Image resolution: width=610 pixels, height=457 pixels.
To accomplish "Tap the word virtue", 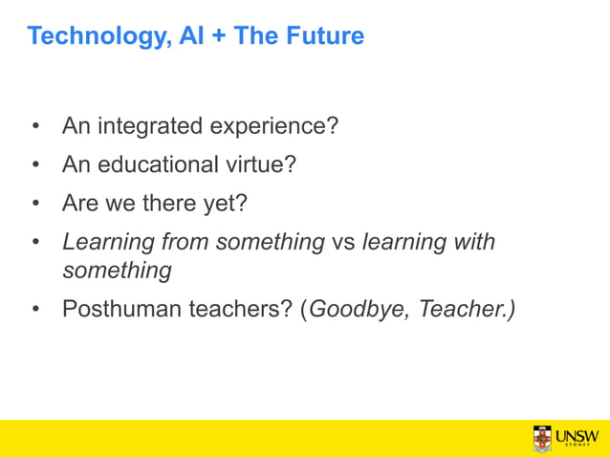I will [260, 164].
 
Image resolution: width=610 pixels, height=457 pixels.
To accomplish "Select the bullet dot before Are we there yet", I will [35, 204].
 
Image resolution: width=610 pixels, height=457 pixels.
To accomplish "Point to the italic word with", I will [472, 242].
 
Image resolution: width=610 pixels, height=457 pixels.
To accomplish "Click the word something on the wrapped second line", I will [117, 271].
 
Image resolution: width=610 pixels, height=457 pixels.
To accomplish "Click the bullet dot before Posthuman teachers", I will [35, 310].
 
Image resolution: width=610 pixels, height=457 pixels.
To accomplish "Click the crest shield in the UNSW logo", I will [542, 438].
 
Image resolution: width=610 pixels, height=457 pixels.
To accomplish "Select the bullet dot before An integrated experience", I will [35, 126].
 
